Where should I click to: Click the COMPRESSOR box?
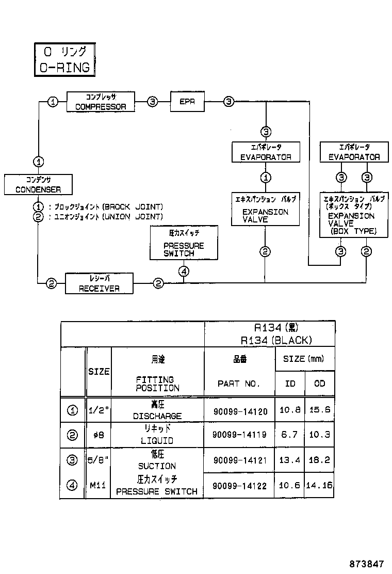[101, 102]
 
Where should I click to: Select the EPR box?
[187, 102]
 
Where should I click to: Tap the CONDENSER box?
[38, 185]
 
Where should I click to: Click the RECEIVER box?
[99, 283]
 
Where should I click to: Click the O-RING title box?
[64, 59]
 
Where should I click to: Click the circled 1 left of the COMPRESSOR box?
[53, 102]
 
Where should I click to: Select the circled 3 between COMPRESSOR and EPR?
[152, 102]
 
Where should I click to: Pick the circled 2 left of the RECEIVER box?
[51, 283]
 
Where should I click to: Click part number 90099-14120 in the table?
[240, 411]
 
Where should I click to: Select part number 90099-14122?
[240, 485]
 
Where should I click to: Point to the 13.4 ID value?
[289, 460]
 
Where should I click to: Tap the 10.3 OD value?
[320, 435]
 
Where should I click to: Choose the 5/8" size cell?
[99, 460]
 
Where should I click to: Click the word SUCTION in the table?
[157, 466]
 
